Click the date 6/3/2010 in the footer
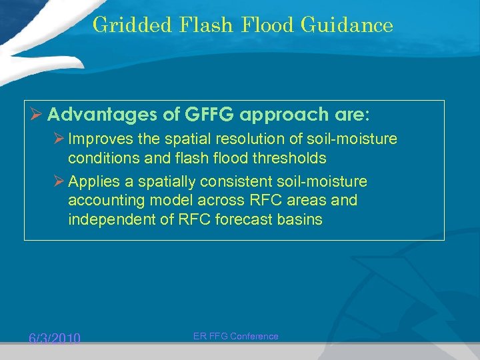pos(54,339)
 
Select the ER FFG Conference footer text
pos(235,337)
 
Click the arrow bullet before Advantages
pos(37,115)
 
